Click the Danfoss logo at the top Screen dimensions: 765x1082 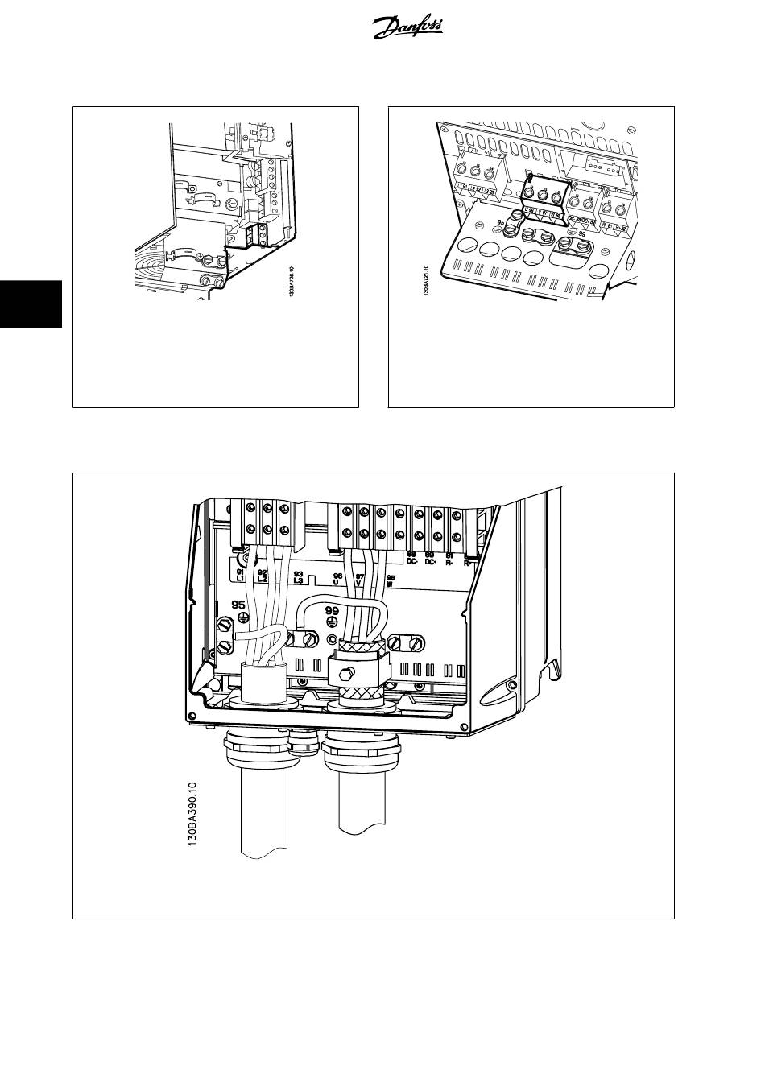(408, 30)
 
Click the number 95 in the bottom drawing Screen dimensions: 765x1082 (239, 605)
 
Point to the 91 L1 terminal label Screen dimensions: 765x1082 (241, 575)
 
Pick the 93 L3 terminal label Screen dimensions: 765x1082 (298, 576)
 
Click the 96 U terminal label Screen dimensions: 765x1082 (338, 579)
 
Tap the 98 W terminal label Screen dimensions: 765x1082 (391, 580)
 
